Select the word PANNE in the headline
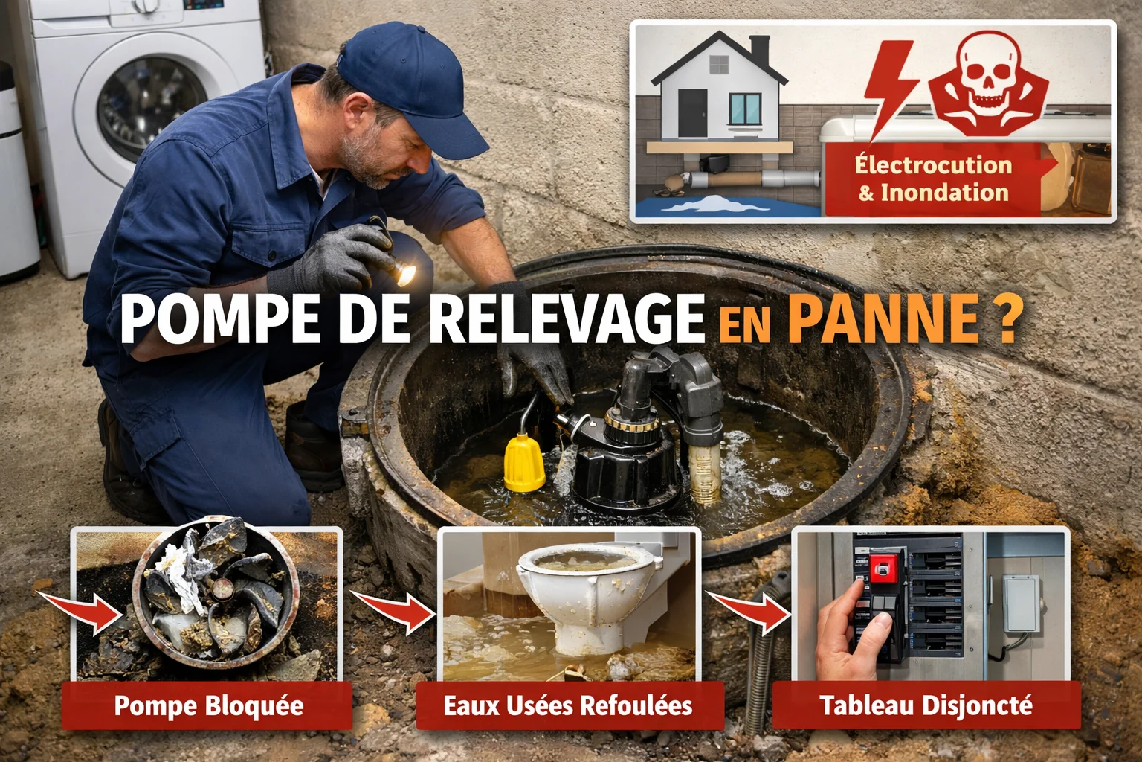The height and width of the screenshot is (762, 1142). pos(883,318)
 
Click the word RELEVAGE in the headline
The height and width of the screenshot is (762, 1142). pos(566,318)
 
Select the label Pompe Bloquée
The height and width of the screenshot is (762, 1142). pos(208,705)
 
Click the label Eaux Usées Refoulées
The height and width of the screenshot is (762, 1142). pos(568,705)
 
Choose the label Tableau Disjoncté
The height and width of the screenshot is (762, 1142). pos(926,705)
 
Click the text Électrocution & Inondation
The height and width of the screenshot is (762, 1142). pos(933,179)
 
